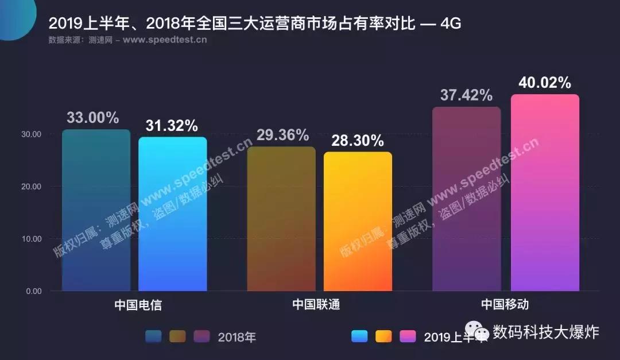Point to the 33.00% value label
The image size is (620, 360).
coord(93,118)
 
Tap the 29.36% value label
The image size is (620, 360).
coord(282,136)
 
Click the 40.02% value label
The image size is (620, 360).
coord(545,83)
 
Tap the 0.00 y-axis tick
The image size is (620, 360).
coord(33,291)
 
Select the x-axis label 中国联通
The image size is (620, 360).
coord(316,305)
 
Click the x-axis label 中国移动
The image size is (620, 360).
coord(505,305)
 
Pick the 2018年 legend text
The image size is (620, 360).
coord(237,337)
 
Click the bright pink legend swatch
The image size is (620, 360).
coord(408,336)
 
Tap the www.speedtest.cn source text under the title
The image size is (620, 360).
coord(165,40)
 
